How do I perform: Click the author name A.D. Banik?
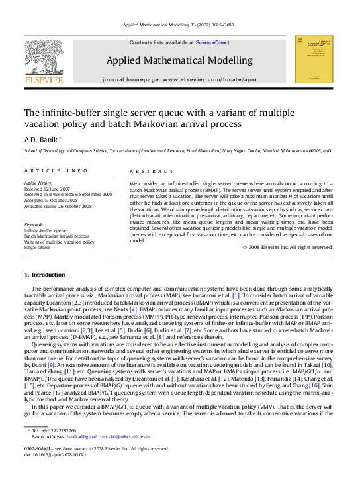click(41, 140)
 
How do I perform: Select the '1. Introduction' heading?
click(44, 275)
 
